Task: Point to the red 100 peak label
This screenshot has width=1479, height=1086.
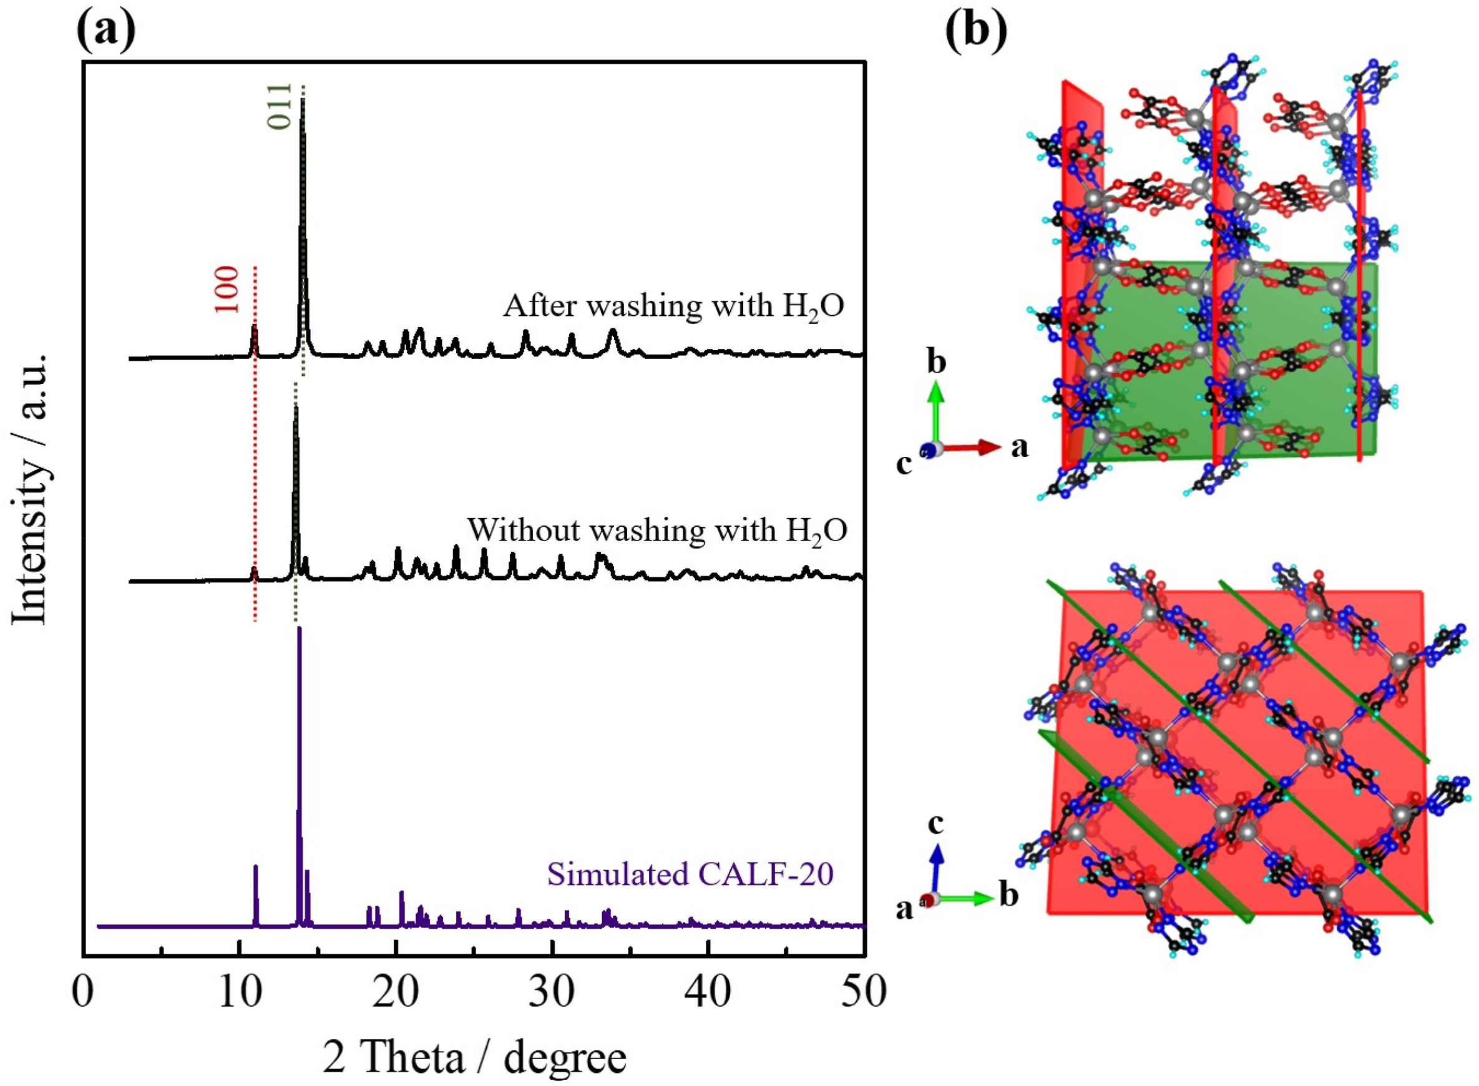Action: click(x=227, y=289)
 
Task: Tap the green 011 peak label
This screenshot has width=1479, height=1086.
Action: click(x=281, y=107)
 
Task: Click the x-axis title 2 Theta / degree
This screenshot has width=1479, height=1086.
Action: click(x=475, y=1059)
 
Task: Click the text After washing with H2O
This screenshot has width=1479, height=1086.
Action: click(x=674, y=306)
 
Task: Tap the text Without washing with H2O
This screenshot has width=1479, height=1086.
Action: click(x=657, y=529)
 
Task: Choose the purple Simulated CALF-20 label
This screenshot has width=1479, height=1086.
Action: click(x=690, y=874)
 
